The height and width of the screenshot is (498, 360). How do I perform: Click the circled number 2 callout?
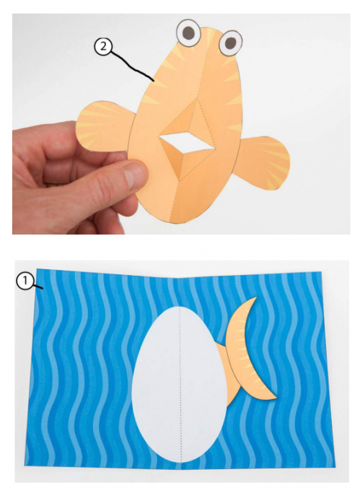pos(103,47)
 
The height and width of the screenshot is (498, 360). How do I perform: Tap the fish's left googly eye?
pos(188,32)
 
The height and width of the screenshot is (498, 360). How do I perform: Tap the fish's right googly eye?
pos(230,43)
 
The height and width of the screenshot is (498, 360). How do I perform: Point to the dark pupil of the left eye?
pos(189,32)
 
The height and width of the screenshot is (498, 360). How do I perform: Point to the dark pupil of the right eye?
pos(231,43)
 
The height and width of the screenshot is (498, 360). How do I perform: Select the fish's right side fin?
pos(263,162)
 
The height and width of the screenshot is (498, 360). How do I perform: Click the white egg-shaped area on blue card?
pos(180,384)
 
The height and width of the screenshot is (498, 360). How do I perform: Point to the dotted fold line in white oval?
pos(181,384)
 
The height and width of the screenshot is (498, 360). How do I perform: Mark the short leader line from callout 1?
pos(38,287)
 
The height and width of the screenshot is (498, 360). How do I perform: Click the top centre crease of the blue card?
pos(180,278)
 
